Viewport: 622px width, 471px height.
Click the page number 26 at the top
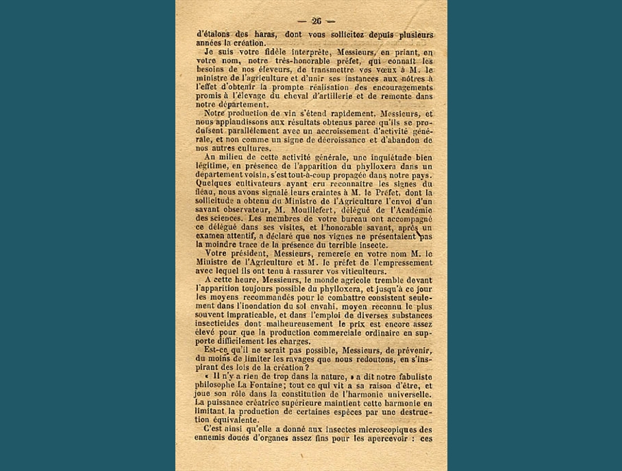point(316,21)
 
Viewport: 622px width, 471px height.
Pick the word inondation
point(261,307)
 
